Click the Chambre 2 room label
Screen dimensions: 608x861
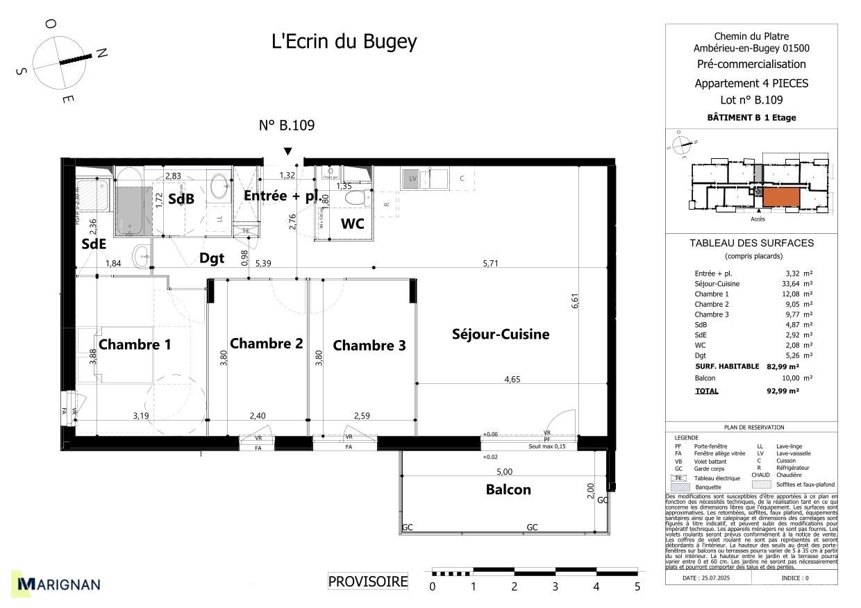[x=266, y=344]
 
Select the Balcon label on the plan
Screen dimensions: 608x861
[x=508, y=489]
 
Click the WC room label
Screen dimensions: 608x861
[x=352, y=223]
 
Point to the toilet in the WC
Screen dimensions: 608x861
[x=358, y=199]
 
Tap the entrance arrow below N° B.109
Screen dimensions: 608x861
[x=287, y=152]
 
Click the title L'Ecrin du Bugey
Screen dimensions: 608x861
[x=344, y=42]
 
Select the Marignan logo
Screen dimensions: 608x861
[x=59, y=584]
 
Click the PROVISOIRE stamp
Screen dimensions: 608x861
[x=367, y=582]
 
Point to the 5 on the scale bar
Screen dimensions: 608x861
[x=637, y=587]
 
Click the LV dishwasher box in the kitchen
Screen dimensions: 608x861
[x=412, y=178]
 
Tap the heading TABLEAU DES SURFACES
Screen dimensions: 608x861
[x=751, y=243]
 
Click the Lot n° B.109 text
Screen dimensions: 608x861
[x=751, y=100]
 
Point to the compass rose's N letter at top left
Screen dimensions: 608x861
[x=101, y=53]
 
